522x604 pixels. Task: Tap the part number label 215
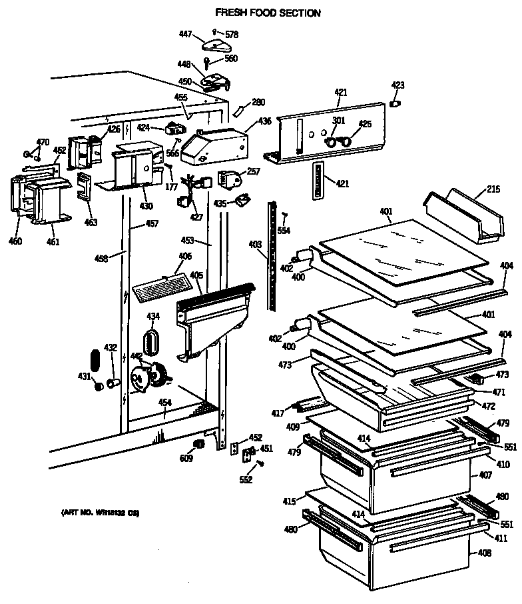pyautogui.click(x=492, y=191)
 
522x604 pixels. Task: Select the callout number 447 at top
pyautogui.click(x=186, y=33)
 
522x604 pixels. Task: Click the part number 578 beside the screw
pyautogui.click(x=231, y=34)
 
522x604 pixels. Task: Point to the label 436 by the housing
pyautogui.click(x=264, y=121)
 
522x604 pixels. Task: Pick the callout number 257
pyautogui.click(x=253, y=172)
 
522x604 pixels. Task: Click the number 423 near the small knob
pyautogui.click(x=397, y=85)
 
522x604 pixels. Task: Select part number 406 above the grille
pyautogui.click(x=185, y=256)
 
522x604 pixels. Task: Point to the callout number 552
pyautogui.click(x=246, y=480)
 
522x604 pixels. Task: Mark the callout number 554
pyautogui.click(x=284, y=230)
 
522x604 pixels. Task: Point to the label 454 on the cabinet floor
pyautogui.click(x=164, y=403)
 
